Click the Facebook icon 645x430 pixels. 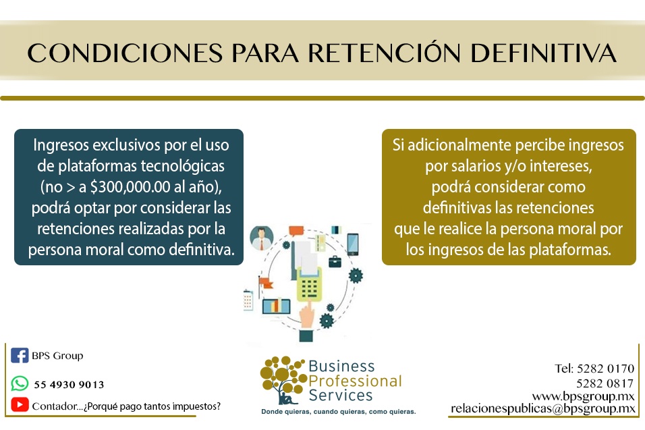20,355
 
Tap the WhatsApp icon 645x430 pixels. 20,383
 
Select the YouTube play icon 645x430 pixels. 20,404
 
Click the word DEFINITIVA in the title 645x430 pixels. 543,53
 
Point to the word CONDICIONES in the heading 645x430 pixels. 125,53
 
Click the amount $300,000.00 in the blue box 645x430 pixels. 130,187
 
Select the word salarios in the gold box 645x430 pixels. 476,166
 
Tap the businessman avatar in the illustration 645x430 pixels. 261,238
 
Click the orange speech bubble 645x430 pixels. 296,231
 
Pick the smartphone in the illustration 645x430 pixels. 353,244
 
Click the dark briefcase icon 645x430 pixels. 335,261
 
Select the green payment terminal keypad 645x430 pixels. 309,284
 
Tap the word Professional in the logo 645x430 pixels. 355,381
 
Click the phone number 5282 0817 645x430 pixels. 605,383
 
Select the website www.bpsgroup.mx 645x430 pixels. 584,397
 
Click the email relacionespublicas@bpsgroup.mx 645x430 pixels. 543,408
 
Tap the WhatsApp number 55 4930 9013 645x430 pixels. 69,385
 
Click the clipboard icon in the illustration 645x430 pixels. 248,300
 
